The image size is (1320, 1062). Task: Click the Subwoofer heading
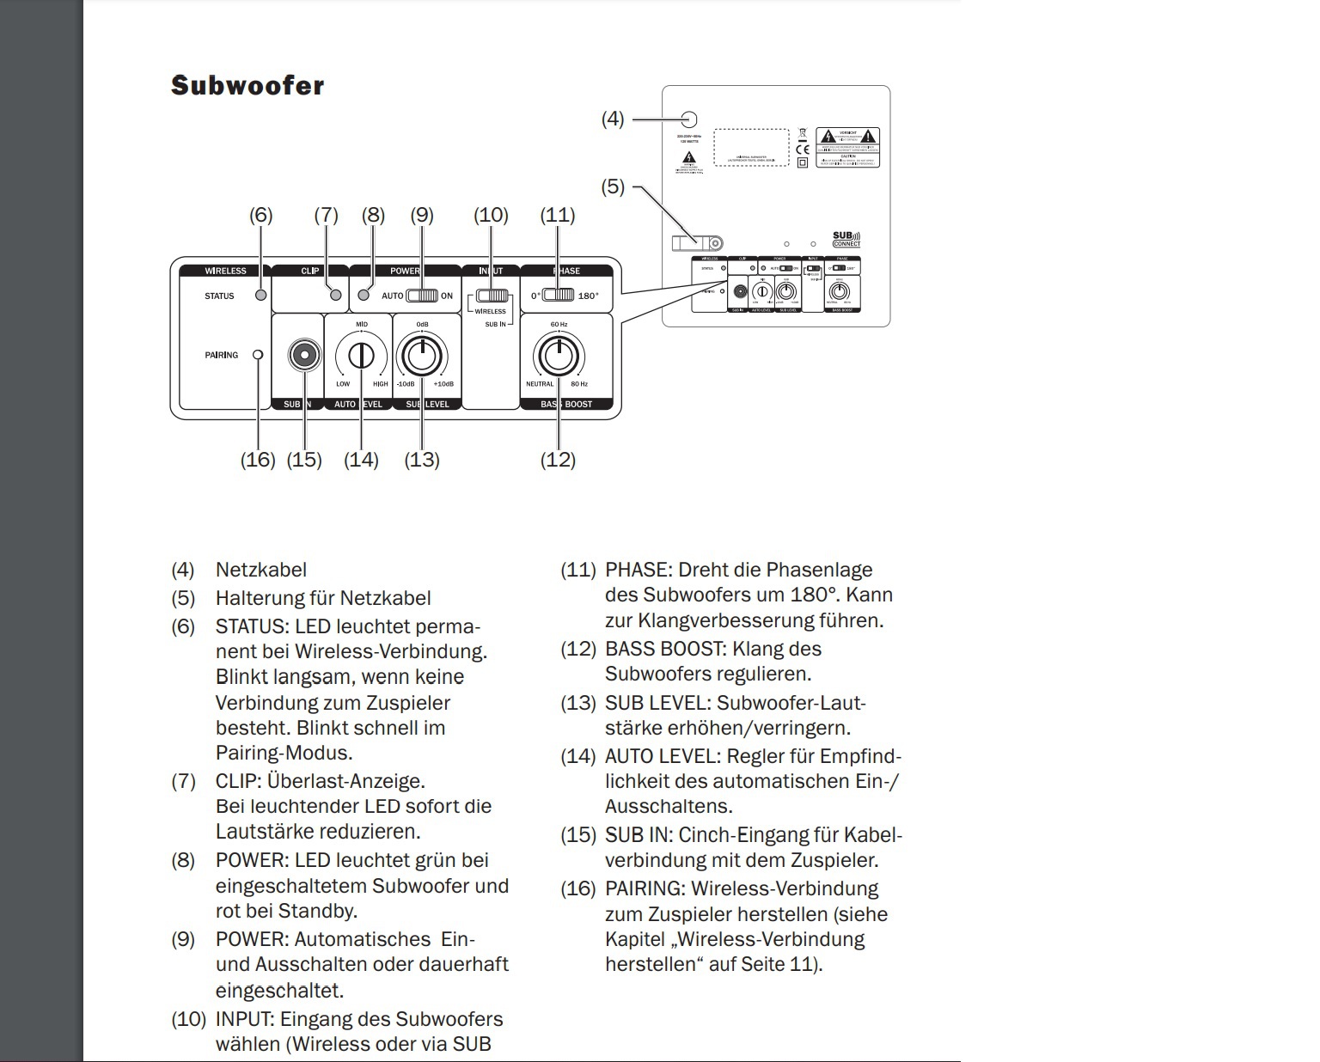coord(247,85)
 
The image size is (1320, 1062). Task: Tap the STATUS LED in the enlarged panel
coord(261,296)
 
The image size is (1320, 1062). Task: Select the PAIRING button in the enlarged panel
coord(258,355)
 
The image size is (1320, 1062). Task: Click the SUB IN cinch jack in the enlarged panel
coord(304,355)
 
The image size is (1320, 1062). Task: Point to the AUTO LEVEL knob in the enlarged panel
coord(362,355)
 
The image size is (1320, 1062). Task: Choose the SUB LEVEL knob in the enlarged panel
coord(422,355)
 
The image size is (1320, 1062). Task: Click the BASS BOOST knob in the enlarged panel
coord(559,355)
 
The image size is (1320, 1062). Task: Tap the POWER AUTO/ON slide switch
coord(422,296)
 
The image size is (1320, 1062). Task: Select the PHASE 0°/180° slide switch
coord(559,296)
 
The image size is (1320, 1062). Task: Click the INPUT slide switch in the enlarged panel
coord(492,297)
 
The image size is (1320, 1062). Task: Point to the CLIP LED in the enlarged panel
coord(336,296)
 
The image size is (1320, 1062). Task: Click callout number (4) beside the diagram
coord(612,119)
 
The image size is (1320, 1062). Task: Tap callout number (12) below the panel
coord(558,460)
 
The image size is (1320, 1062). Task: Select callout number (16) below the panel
coord(258,460)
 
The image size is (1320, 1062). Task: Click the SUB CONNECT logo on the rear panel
coord(846,239)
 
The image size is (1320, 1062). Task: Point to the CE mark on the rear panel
coord(802,149)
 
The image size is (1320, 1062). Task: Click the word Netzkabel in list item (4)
coord(261,570)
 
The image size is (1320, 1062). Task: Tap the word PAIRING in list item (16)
coord(645,888)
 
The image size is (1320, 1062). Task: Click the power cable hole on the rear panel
coord(688,119)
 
